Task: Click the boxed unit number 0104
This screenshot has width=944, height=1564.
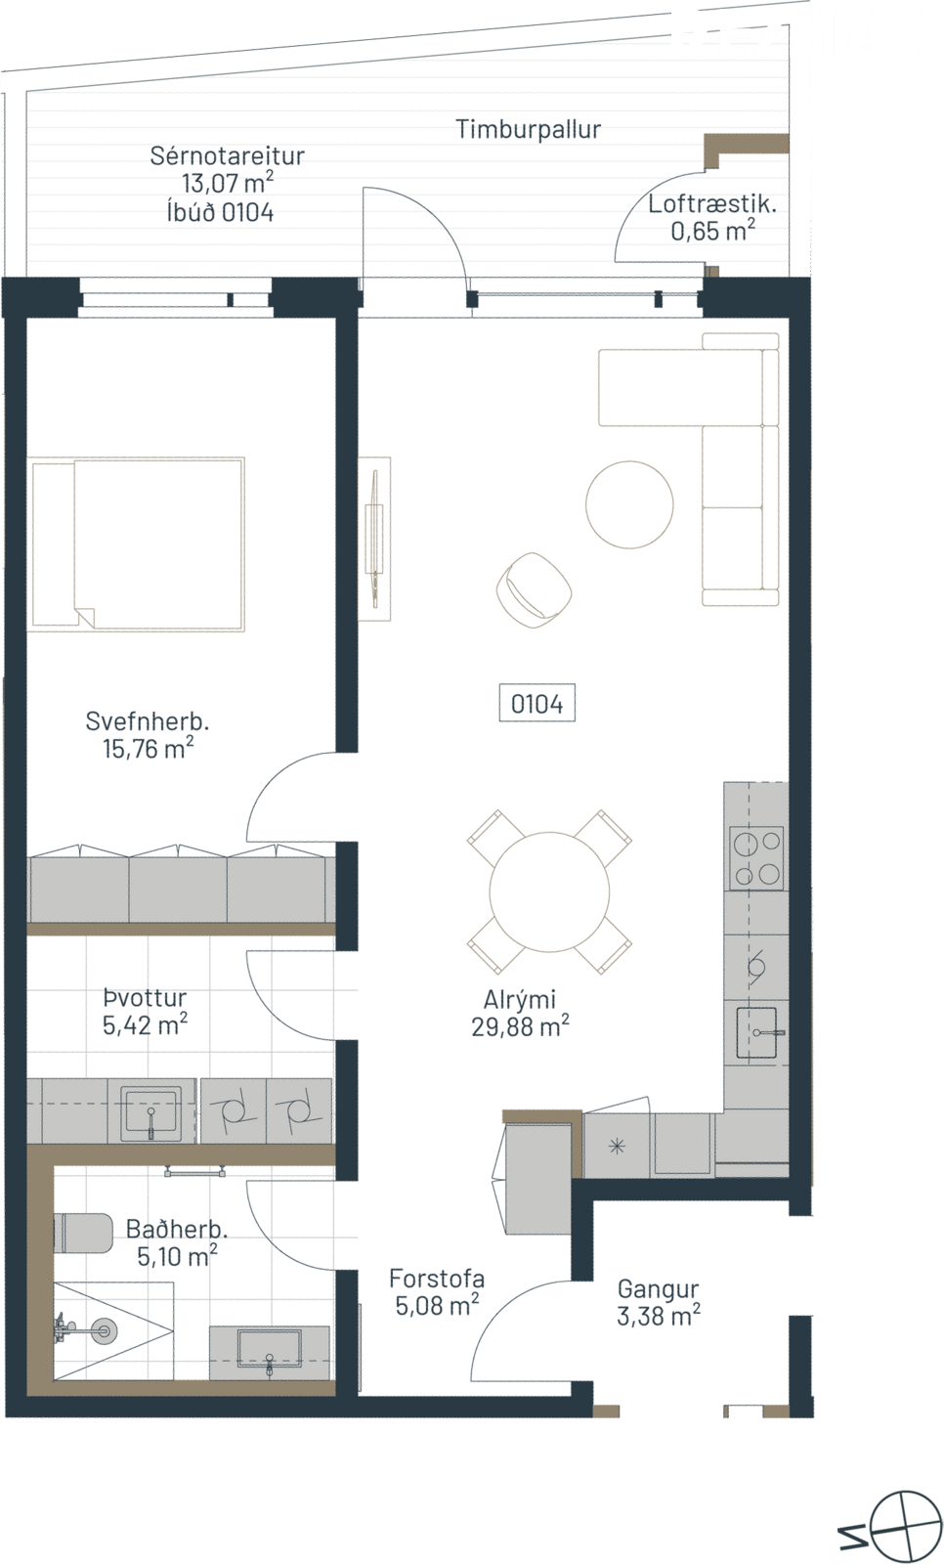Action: pos(536,703)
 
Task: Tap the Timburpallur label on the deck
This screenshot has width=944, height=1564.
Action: pos(529,129)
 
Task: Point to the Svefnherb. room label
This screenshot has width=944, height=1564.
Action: pos(148,721)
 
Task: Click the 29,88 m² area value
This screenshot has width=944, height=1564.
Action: pos(520,1027)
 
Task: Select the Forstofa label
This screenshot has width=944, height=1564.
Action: pos(437,1279)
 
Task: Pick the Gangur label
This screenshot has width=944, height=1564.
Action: pos(658,1290)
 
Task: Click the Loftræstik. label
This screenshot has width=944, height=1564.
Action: pos(712,204)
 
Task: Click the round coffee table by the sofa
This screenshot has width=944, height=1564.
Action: pos(629,504)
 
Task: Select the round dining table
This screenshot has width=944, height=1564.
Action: pos(549,891)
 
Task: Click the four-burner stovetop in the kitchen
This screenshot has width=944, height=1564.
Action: pos(756,858)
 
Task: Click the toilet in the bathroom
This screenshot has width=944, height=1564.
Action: pos(82,1233)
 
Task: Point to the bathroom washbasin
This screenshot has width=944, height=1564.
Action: pos(270,1352)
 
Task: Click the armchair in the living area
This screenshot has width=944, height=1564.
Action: pos(535,586)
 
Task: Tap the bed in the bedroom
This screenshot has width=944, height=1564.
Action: pos(136,544)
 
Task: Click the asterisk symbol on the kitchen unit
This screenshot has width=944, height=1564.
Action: pos(617,1146)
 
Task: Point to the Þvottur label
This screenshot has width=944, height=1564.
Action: pos(145,998)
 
